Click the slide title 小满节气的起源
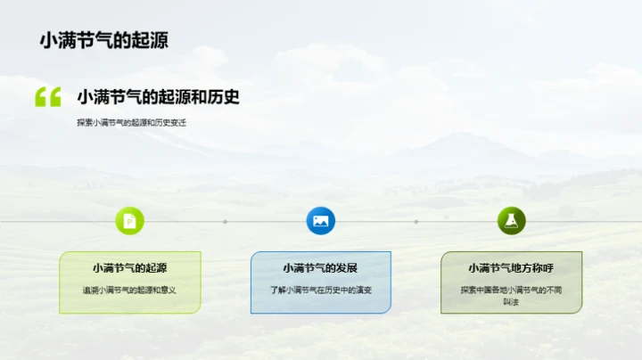(x=103, y=40)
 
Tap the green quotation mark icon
(x=47, y=97)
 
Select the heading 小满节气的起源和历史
(x=158, y=96)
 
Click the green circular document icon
(x=130, y=221)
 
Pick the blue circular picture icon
(x=320, y=221)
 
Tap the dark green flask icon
(x=511, y=221)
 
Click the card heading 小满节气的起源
(x=130, y=267)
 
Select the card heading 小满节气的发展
(x=320, y=267)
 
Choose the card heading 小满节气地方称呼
(x=511, y=267)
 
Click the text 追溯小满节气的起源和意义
(x=130, y=290)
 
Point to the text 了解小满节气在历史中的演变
(x=320, y=290)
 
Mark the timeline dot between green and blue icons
(x=226, y=222)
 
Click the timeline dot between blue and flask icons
(x=416, y=222)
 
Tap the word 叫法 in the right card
(x=511, y=301)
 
